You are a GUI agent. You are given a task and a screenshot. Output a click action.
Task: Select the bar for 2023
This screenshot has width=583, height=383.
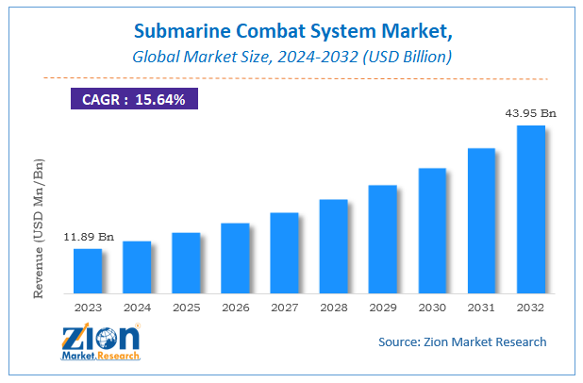click(88, 271)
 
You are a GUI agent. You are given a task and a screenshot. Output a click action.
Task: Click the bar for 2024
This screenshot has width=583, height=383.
click(137, 267)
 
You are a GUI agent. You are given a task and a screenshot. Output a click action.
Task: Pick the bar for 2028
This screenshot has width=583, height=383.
click(333, 246)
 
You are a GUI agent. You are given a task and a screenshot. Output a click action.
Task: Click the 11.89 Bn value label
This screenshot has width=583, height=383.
click(89, 238)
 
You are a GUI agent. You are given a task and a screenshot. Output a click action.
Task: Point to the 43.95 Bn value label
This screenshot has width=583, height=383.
click(531, 114)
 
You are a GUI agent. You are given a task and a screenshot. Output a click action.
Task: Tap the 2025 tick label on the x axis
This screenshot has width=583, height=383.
click(186, 307)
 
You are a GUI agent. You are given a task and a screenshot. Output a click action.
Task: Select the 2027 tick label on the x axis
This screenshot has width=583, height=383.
click(284, 307)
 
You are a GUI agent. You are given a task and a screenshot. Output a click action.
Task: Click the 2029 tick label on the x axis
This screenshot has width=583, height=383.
click(382, 307)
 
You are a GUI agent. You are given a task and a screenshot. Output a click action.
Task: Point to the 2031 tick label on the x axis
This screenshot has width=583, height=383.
click(481, 307)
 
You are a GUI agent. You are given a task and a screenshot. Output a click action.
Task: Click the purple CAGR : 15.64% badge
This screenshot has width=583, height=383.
click(134, 99)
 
